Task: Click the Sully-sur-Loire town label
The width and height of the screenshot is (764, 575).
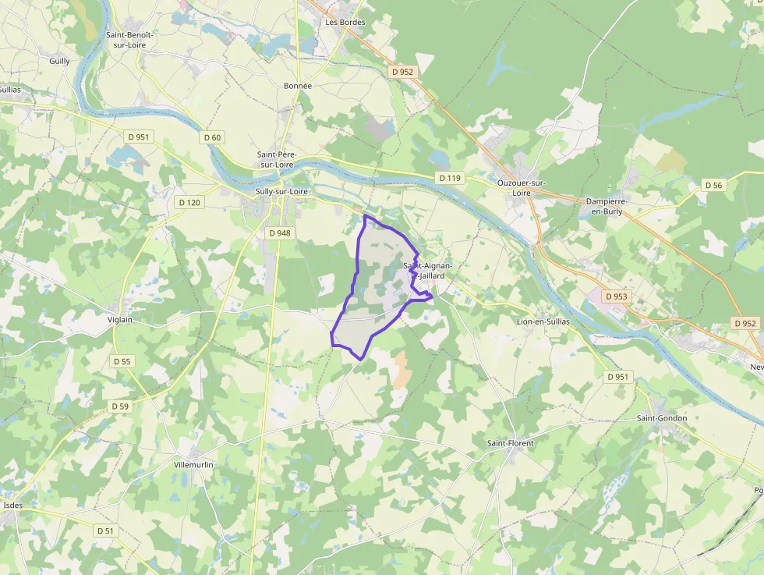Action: pos(282,191)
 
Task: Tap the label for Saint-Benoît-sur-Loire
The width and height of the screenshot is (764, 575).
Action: pos(131,40)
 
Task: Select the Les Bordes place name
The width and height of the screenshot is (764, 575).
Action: pos(345,22)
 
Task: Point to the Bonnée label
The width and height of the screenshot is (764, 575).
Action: pos(298,86)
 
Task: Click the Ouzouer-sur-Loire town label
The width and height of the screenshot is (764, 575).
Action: pos(521,187)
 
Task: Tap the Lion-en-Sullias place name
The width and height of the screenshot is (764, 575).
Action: pos(543,321)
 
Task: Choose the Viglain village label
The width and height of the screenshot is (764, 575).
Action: pos(120,319)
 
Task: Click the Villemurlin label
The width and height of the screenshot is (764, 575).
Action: pos(193,464)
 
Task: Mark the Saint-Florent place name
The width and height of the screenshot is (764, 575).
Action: pos(511,443)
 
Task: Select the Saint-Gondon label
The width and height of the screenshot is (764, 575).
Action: pos(662,418)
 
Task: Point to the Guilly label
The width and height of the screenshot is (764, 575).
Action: pos(59,61)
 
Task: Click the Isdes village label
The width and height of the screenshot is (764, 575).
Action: pos(12,505)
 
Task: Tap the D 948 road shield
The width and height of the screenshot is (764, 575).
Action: pos(278,232)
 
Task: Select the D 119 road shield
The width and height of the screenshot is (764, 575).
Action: pos(450,178)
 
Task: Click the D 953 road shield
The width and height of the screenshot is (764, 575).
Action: pos(615,296)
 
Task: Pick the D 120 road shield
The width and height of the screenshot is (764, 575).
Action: pos(189,202)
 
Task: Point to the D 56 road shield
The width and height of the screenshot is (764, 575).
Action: pos(713,185)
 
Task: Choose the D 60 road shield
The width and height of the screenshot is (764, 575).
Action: pos(212,137)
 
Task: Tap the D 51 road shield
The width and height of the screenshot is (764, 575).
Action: pos(105,531)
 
